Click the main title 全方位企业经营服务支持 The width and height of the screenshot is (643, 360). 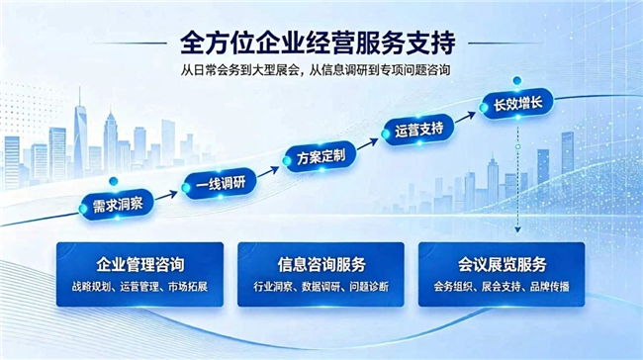[x=318, y=44]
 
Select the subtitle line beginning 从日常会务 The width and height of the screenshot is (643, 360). [x=316, y=70]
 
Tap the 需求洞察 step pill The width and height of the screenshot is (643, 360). [x=117, y=205]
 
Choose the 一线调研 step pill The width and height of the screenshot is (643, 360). [x=220, y=183]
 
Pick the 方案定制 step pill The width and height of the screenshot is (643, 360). [x=321, y=156]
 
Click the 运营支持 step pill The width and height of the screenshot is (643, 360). [x=418, y=131]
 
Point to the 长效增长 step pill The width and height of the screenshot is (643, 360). [x=517, y=104]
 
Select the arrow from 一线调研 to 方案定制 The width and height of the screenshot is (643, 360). [x=269, y=171]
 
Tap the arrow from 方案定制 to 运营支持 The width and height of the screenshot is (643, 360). [x=368, y=144]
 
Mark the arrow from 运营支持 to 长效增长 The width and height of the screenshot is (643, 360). [x=466, y=117]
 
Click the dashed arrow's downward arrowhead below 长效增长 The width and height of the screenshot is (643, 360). [x=518, y=229]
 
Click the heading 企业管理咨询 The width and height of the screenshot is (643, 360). [x=140, y=264]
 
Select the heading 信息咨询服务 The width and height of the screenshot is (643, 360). [x=321, y=264]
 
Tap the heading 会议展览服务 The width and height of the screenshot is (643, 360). [x=502, y=264]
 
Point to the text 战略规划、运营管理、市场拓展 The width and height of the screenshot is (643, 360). [x=139, y=287]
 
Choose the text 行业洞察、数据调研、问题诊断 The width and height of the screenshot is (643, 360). [x=321, y=287]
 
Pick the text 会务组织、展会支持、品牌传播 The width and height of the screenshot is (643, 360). [x=502, y=287]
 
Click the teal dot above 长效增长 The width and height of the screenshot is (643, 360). [x=517, y=81]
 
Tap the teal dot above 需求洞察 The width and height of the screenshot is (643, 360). [x=114, y=181]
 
